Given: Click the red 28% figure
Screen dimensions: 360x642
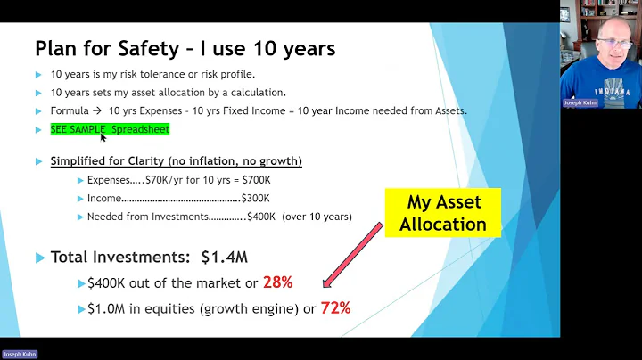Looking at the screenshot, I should click(277, 282).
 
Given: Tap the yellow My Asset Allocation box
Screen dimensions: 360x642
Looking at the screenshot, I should click(442, 213).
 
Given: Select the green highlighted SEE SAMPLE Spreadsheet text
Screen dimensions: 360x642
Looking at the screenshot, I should click(110, 129).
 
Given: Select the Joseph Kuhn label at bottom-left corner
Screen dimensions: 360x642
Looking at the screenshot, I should click(19, 354).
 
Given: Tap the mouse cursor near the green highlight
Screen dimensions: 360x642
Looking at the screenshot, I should click(103, 138).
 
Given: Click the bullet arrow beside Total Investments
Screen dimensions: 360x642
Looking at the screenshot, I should click(39, 258).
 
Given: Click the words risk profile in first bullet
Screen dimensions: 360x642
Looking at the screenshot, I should click(232, 73).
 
